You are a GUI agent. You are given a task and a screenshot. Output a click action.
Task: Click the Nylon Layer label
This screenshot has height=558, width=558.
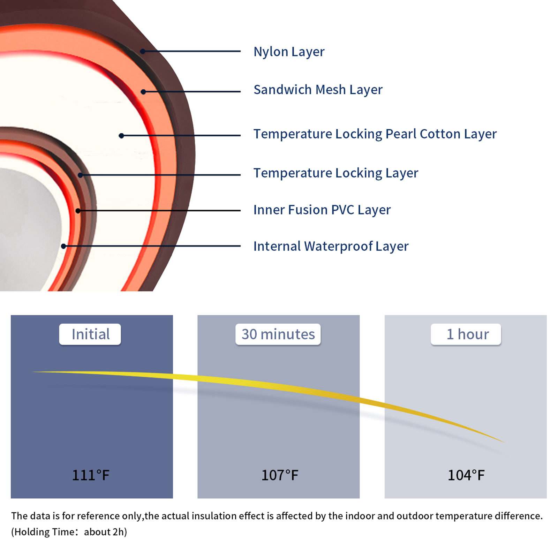(x=289, y=52)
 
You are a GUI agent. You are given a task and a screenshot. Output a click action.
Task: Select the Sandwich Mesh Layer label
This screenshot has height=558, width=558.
(x=318, y=90)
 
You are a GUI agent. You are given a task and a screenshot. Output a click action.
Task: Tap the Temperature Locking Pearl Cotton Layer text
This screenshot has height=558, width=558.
(x=375, y=134)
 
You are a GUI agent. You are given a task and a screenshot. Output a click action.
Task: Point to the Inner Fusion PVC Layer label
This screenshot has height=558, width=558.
(x=322, y=210)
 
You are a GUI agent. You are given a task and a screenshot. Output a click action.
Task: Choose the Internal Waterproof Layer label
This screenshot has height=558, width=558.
(x=331, y=246)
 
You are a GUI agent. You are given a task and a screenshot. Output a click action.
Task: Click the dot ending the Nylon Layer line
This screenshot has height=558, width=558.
(x=143, y=51)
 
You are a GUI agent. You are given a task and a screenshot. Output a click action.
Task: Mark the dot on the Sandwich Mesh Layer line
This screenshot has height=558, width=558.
(x=143, y=92)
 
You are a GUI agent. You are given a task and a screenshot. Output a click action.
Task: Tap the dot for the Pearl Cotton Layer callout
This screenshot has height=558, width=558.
(x=121, y=136)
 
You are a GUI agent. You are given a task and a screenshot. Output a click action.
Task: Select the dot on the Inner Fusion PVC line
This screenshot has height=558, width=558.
(x=78, y=211)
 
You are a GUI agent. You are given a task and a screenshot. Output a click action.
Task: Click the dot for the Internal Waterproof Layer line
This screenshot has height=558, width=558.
(x=63, y=246)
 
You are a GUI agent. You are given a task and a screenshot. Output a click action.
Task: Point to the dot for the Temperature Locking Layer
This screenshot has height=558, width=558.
(x=81, y=175)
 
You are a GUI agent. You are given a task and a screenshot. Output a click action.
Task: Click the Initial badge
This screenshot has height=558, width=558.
(x=90, y=334)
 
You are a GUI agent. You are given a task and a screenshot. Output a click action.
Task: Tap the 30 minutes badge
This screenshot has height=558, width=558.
(x=278, y=334)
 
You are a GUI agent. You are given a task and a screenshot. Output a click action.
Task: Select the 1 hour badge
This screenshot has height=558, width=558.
(x=466, y=334)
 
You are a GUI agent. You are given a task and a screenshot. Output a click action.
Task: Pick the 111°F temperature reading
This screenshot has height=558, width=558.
(x=91, y=475)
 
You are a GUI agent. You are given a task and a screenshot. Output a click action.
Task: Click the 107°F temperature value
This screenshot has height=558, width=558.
(x=280, y=475)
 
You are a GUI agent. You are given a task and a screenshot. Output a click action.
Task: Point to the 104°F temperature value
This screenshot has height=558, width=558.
(x=466, y=475)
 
